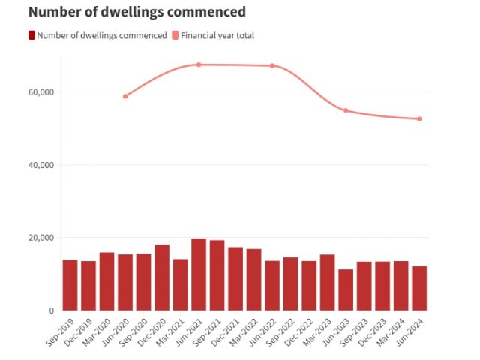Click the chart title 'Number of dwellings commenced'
pyautogui.click(x=137, y=12)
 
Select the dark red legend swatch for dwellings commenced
pyautogui.click(x=31, y=35)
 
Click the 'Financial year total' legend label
pyautogui.click(x=218, y=35)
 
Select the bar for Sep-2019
pyautogui.click(x=70, y=285)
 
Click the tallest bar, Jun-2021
pyautogui.click(x=199, y=274)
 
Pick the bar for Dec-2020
pyautogui.click(x=162, y=277)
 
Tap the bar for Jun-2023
pyautogui.click(x=346, y=289)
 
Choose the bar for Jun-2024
pyautogui.click(x=419, y=288)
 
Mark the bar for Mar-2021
pyautogui.click(x=180, y=284)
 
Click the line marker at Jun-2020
pyautogui.click(x=125, y=96)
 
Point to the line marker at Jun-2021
pyautogui.click(x=199, y=64)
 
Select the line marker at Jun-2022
pyautogui.click(x=272, y=65)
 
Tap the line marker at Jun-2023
pyautogui.click(x=346, y=110)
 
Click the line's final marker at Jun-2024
pyautogui.click(x=419, y=118)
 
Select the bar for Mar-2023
pyautogui.click(x=327, y=282)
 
